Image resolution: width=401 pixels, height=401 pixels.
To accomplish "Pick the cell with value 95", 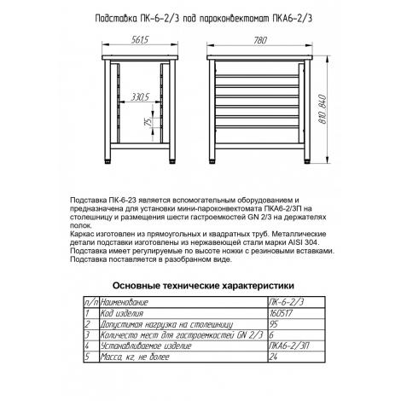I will pyautogui.click(x=273, y=325).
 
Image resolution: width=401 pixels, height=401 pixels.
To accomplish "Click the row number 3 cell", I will pyautogui.click(x=87, y=335).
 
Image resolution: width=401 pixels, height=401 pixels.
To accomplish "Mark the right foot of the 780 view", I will pyautogui.click(x=307, y=162).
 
